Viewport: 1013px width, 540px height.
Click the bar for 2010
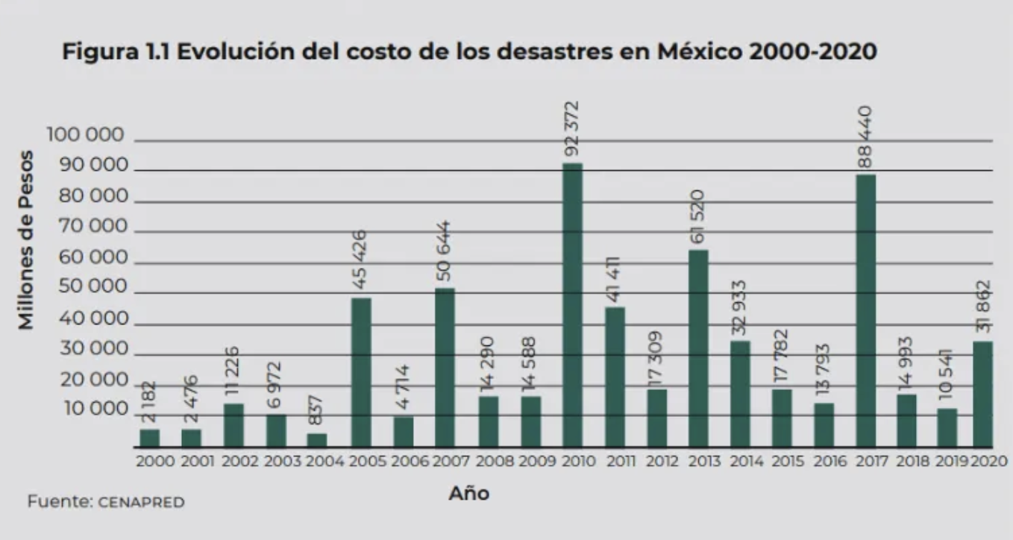click(x=573, y=305)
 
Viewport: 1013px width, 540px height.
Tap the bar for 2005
click(x=361, y=372)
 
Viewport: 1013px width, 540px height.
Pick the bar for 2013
click(x=698, y=348)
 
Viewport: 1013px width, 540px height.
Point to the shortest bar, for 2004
click(x=317, y=440)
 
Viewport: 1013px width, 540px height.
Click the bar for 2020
click(x=983, y=394)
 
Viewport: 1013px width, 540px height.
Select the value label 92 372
click(x=573, y=128)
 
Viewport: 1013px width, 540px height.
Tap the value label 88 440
click(x=866, y=138)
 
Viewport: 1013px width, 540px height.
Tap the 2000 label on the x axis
click(x=155, y=462)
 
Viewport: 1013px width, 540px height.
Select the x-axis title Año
click(x=468, y=493)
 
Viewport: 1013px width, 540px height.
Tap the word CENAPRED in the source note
click(x=141, y=503)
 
